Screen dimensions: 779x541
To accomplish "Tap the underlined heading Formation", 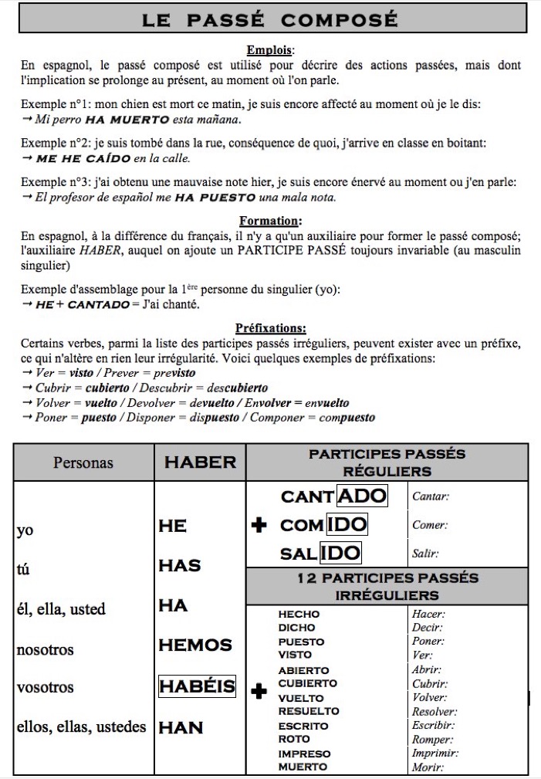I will (269, 220).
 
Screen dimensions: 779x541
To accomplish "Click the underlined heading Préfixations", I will (269, 328).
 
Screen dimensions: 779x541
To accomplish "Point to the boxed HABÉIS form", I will (197, 686).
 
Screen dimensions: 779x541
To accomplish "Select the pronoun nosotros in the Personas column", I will (46, 649).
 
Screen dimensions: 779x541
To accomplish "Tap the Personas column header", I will (83, 463).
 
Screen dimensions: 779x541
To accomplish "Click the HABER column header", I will (200, 462).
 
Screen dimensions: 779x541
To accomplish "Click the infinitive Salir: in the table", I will (426, 554).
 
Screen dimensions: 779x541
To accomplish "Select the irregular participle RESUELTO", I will (309, 711).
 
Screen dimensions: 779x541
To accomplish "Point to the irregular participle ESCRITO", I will (303, 726).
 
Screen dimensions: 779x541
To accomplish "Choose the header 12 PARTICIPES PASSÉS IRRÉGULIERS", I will (387, 587).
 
